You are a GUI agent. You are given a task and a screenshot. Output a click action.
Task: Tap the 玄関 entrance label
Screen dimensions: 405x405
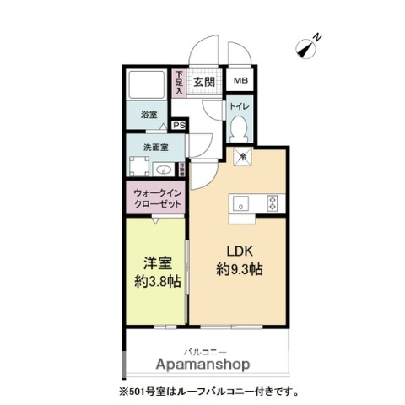coord(202,82)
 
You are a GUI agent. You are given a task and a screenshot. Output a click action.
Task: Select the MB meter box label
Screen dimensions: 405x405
coord(240,82)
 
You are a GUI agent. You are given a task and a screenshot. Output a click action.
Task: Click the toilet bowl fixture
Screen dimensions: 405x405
coord(238,128)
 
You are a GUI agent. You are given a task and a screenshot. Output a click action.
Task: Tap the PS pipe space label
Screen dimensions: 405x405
coord(179,126)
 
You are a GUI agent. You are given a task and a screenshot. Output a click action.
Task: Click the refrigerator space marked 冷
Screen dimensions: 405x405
coord(242,156)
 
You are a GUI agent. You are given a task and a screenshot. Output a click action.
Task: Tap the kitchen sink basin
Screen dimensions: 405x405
coord(239,202)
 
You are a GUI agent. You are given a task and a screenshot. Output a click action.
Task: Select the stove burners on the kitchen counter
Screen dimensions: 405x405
coord(273,202)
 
